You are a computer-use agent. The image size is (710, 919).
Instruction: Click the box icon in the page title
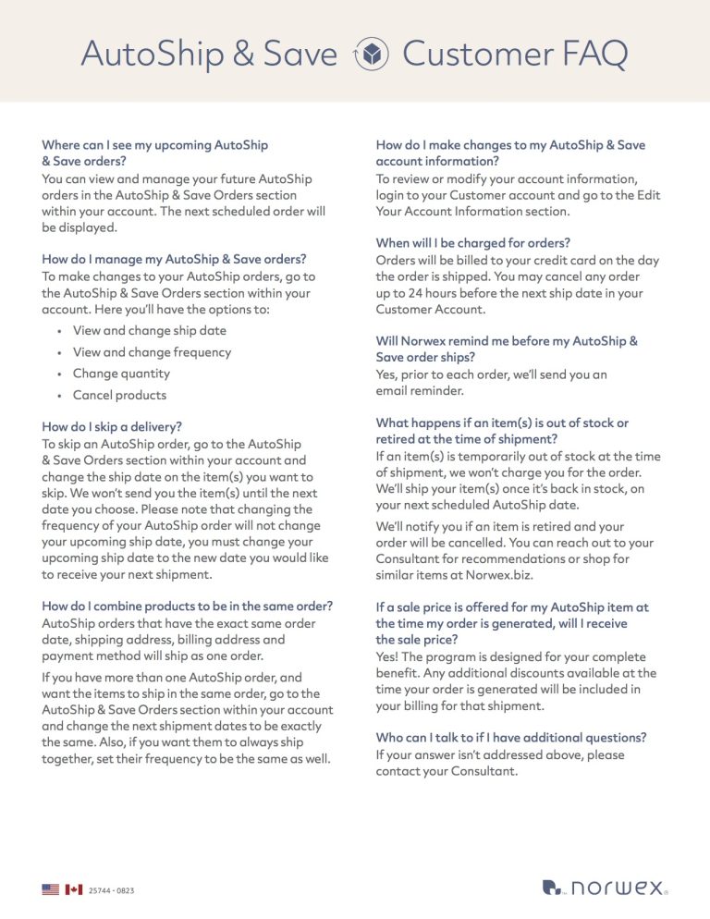coord(370,55)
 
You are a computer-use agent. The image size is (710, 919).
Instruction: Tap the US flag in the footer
coord(50,889)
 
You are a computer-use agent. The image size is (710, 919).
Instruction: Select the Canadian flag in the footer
coord(73,889)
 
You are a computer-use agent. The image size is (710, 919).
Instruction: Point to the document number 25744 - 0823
coord(111,890)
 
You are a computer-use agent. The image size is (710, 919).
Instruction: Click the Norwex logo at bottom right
coord(604,888)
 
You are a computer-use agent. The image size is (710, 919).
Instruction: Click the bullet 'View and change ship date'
coord(149,330)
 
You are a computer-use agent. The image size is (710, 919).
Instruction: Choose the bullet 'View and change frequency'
coord(152,352)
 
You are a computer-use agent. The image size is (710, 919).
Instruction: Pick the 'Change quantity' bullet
coord(121,374)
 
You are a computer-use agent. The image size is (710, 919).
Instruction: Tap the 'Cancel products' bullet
coord(119,395)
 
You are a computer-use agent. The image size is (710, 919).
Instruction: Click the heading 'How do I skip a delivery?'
coord(112,426)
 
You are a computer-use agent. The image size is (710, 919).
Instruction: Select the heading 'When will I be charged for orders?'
coord(472,243)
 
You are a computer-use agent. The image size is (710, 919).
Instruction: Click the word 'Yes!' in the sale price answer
coord(388,656)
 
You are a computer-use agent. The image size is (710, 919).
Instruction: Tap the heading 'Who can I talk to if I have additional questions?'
coord(510,737)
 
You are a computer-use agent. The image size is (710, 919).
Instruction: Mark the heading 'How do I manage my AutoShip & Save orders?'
coord(174,260)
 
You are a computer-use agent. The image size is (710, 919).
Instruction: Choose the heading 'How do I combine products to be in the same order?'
coord(188,607)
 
